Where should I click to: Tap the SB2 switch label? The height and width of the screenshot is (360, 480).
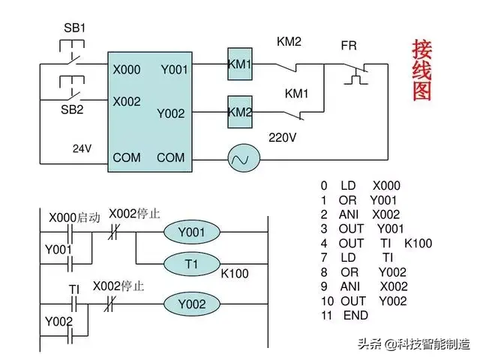tap(72, 109)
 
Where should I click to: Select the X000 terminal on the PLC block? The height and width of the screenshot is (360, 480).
tap(127, 70)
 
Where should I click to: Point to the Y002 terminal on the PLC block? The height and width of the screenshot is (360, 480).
tap(170, 113)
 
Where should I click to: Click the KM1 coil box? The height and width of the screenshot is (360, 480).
tap(240, 65)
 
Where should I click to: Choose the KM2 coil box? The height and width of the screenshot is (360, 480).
tap(240, 112)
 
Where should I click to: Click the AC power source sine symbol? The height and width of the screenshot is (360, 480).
tap(242, 158)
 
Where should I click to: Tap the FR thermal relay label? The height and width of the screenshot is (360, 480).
tap(349, 45)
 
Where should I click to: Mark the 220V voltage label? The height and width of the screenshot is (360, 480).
tap(283, 138)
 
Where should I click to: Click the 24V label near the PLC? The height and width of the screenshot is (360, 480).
tap(82, 148)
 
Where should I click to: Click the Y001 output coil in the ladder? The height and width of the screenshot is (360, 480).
tap(191, 232)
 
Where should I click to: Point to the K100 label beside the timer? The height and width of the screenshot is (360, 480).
tap(235, 274)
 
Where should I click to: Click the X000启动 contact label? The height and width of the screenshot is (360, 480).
tap(74, 217)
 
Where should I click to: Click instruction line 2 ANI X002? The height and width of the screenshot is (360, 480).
tap(360, 214)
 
